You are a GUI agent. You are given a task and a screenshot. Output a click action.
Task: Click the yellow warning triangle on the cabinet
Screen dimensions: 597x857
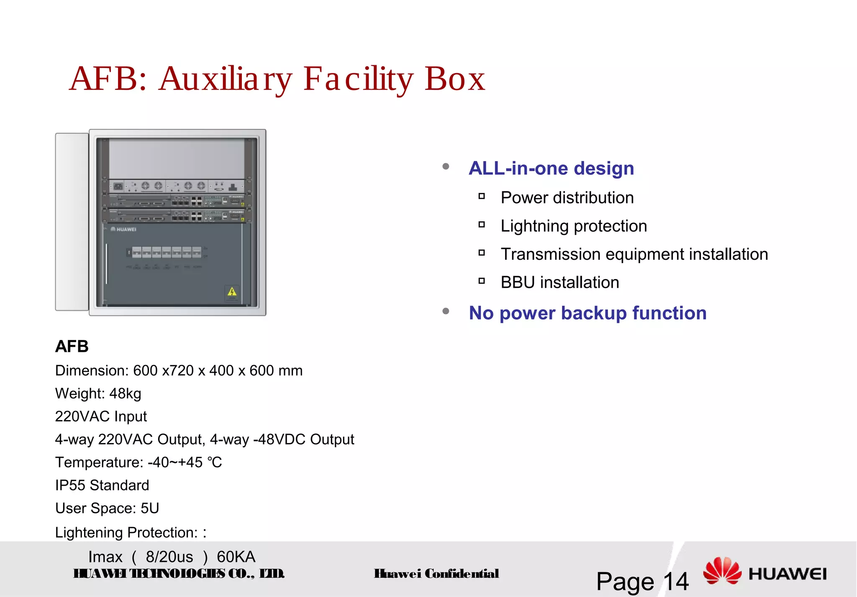[x=232, y=292]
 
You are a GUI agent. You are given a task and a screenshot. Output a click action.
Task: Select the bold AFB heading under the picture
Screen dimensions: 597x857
[x=72, y=346]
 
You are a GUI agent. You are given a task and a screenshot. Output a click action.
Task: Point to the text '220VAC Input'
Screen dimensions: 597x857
[x=101, y=417]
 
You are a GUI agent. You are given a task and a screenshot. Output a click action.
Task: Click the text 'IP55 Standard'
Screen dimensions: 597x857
[x=102, y=485]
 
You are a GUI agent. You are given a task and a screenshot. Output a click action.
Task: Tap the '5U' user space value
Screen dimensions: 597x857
[x=150, y=508]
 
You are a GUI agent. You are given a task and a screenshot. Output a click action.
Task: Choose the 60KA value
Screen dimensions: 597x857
[x=236, y=557]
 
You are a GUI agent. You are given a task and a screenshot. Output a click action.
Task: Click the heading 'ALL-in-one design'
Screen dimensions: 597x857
[x=551, y=168]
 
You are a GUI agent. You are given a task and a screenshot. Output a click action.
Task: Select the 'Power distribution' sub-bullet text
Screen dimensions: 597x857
[x=567, y=198]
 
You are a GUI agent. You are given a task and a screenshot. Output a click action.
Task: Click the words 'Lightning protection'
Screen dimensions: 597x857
[x=574, y=226]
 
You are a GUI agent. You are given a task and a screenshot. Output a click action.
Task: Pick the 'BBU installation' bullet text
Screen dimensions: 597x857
[x=560, y=283]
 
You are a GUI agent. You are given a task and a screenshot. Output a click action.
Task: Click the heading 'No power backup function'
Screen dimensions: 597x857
[x=588, y=313]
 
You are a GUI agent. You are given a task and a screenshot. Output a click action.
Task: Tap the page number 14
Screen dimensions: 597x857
[x=675, y=582]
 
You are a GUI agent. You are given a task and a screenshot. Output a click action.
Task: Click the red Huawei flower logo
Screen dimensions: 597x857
[x=722, y=571]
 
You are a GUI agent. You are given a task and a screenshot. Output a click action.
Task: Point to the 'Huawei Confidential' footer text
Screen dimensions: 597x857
[x=436, y=574]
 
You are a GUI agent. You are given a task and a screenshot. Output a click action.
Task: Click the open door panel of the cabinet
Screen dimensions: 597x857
[x=72, y=222]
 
